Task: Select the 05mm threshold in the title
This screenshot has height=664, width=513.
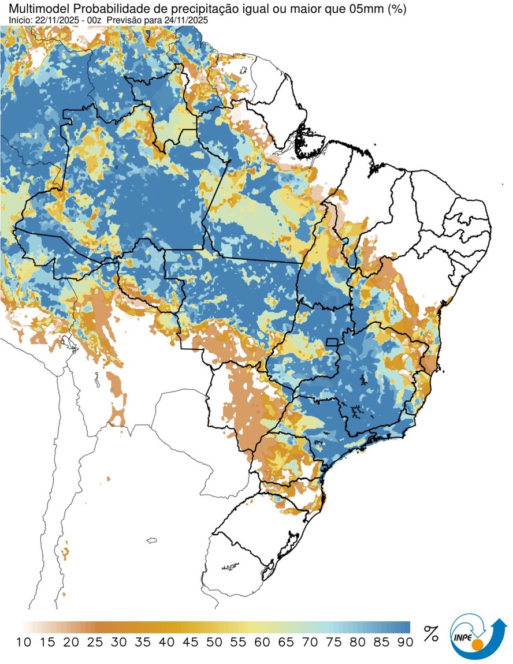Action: pyautogui.click(x=354, y=9)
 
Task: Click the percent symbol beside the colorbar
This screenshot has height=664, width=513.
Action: pyautogui.click(x=431, y=633)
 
